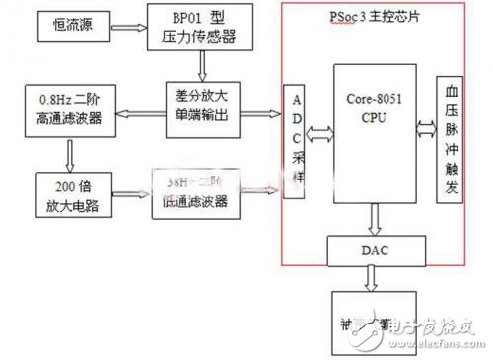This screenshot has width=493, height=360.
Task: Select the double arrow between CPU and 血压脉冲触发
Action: pos(426,127)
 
